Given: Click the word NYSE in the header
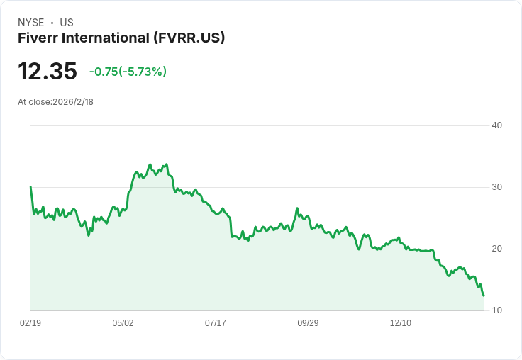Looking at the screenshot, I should [x=31, y=23].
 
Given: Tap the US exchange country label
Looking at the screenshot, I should [x=67, y=23].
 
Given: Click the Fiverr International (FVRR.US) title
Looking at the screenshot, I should [x=121, y=38].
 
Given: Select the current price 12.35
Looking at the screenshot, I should [x=48, y=72].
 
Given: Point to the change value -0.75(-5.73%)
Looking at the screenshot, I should [x=128, y=72].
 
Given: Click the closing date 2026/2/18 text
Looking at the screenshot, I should [x=73, y=102].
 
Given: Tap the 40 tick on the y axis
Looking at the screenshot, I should [x=496, y=125].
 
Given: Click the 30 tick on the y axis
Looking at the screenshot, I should [x=496, y=187].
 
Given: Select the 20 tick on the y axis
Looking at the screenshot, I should [x=496, y=249].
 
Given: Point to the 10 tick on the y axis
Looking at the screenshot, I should [x=496, y=310].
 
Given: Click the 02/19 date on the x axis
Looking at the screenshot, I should [x=30, y=323].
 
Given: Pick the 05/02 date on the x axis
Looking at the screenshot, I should [x=123, y=323].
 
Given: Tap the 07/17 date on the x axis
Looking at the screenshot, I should [x=216, y=323].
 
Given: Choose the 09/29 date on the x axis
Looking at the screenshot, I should [x=308, y=323].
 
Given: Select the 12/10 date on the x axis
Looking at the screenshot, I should [x=401, y=323].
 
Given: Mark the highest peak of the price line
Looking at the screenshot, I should [x=150, y=164].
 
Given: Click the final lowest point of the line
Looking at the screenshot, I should [x=484, y=296].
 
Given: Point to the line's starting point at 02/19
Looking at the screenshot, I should [x=30, y=187].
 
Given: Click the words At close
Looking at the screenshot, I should [x=33, y=102].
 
